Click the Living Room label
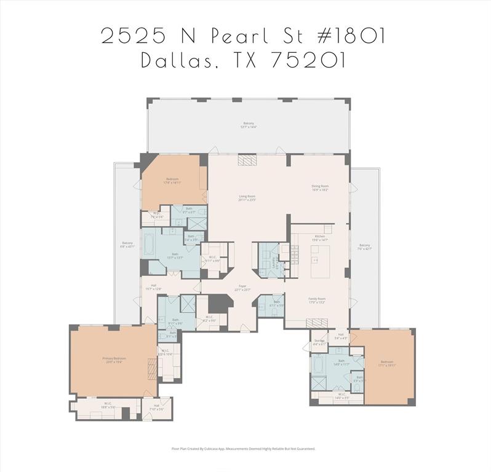(x=247, y=198)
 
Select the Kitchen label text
(x=319, y=237)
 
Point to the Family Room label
(x=317, y=301)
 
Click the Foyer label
(x=243, y=288)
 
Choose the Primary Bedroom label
(x=114, y=359)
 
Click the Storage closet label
(x=319, y=342)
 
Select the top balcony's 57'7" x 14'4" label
(x=249, y=125)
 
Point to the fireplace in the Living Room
(x=247, y=160)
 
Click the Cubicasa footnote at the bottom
(x=243, y=449)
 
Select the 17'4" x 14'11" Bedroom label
(x=172, y=181)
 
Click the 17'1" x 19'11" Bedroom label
(x=386, y=363)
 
